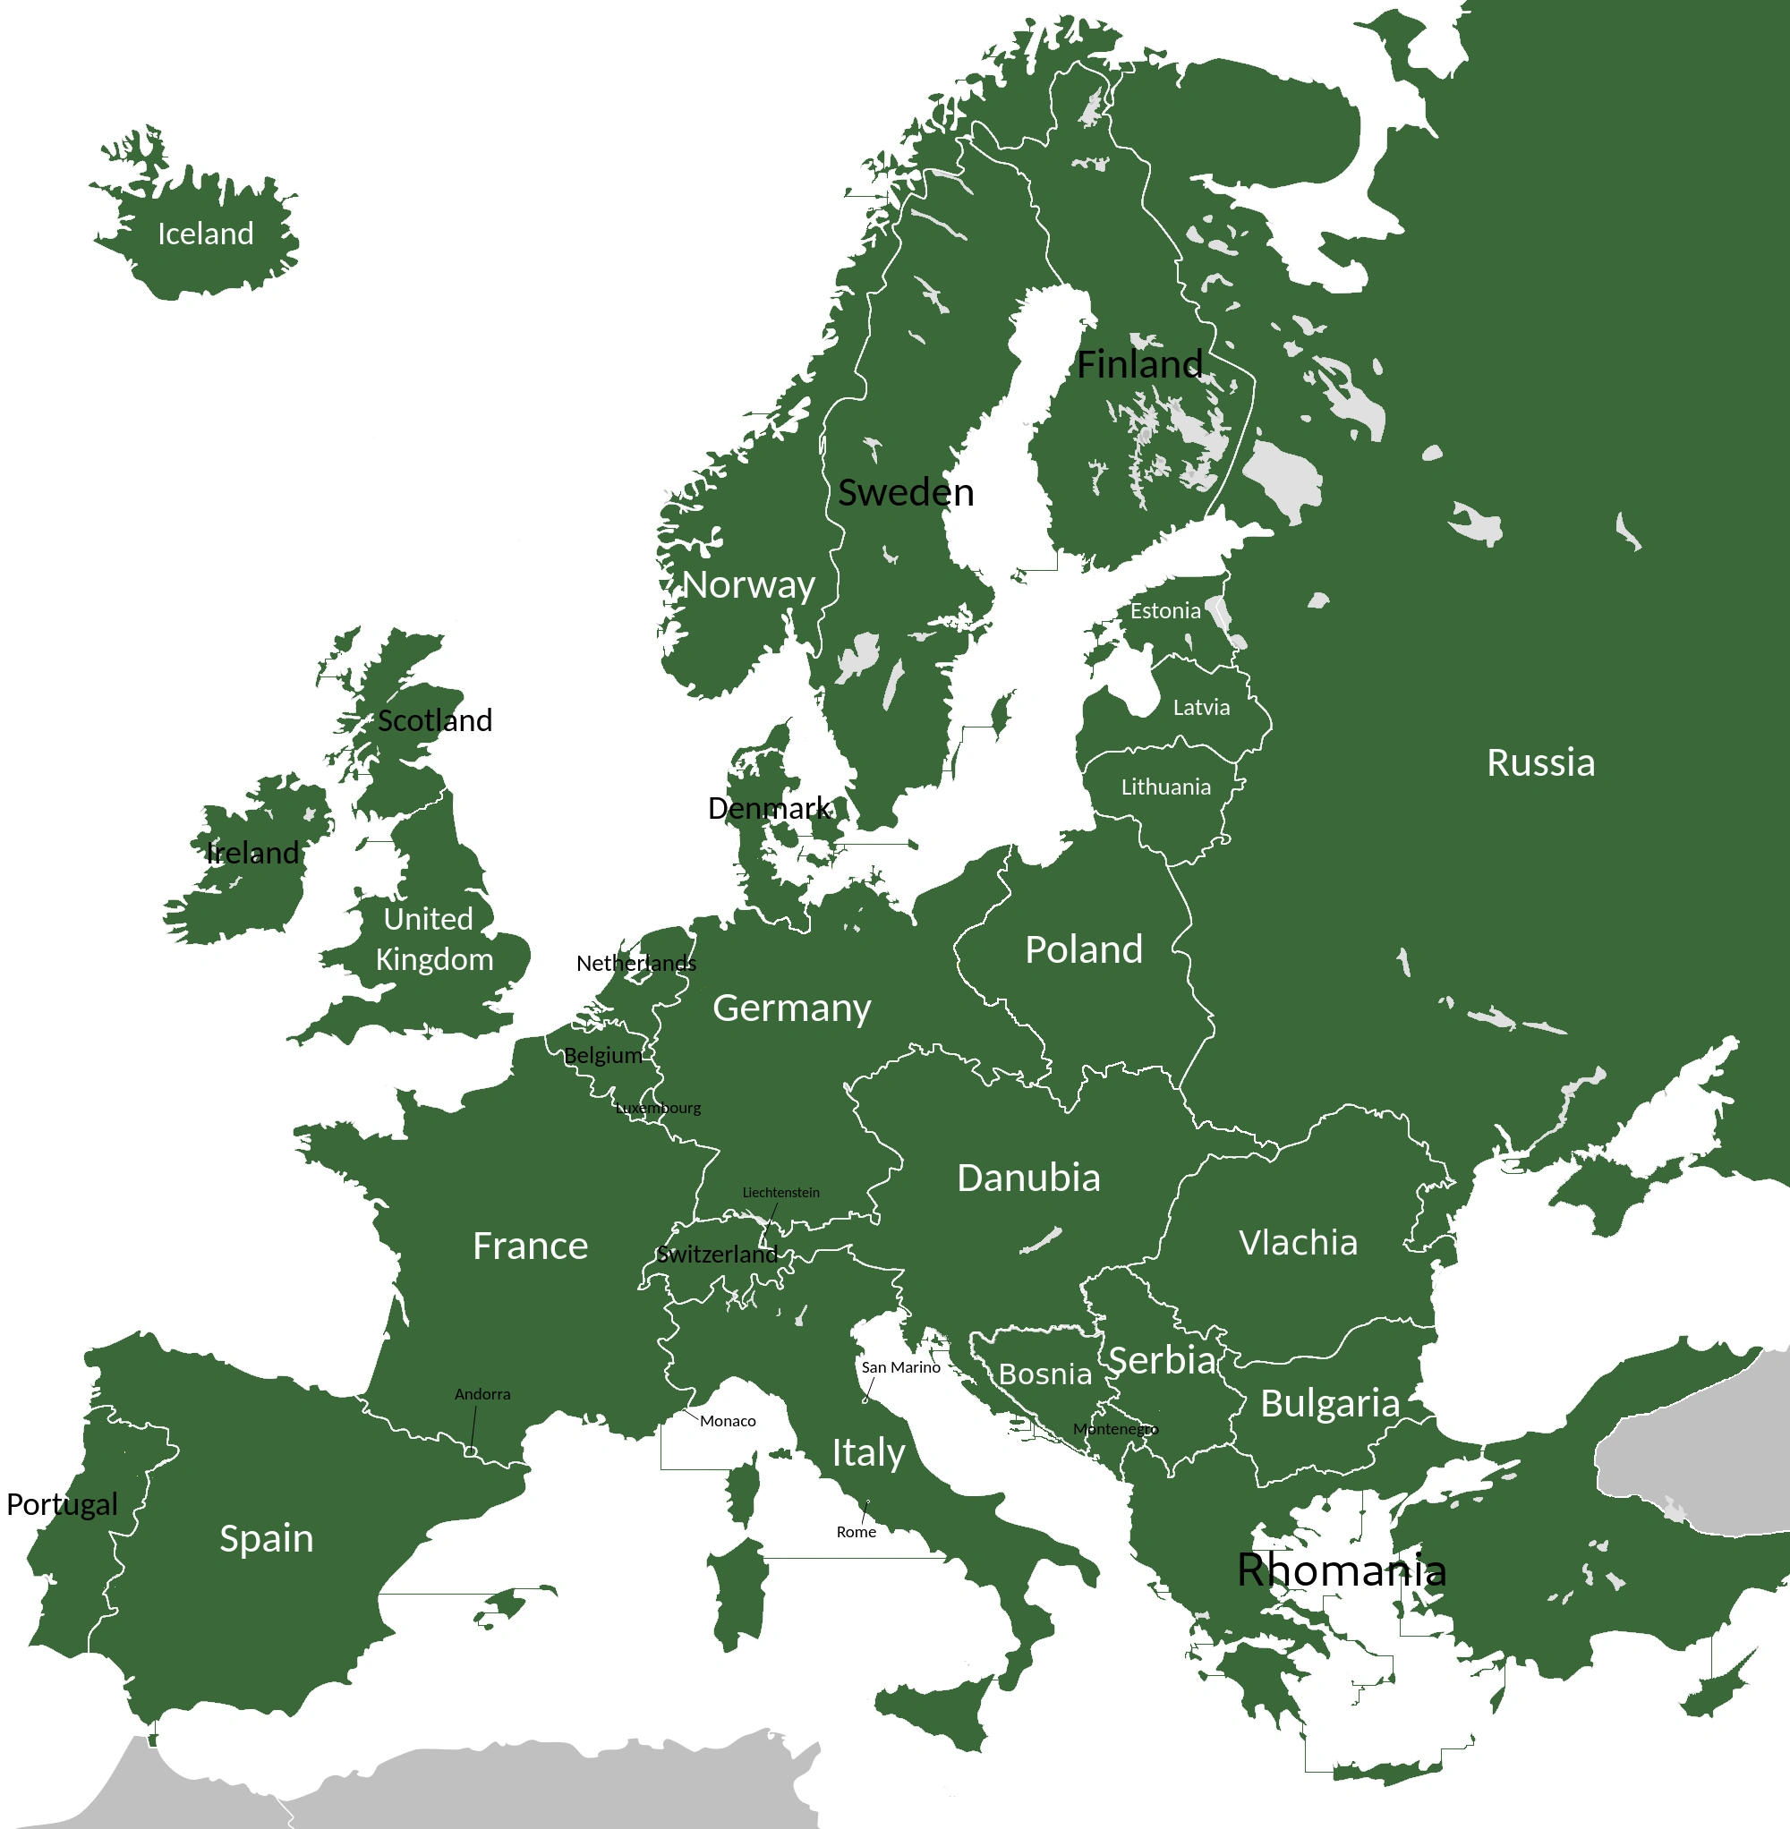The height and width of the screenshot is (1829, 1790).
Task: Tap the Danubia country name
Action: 1028,1178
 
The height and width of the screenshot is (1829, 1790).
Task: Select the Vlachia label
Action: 1299,1243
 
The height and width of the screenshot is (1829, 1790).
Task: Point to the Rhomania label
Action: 1342,1570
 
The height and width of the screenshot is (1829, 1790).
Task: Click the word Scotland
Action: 434,721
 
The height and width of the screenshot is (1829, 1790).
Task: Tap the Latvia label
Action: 1201,708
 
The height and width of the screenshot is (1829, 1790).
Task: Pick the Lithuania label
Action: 1166,787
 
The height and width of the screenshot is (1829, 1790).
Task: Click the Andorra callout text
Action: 482,1394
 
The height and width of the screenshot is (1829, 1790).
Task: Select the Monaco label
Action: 728,1421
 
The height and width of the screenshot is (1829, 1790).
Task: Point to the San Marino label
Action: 900,1367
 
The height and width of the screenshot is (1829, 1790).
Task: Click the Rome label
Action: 857,1532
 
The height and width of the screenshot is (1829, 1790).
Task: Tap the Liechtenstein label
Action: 781,1193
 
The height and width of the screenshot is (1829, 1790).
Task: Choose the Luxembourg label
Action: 658,1108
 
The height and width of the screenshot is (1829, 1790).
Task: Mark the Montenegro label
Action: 1116,1430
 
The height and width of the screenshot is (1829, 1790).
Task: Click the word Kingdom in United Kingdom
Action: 434,959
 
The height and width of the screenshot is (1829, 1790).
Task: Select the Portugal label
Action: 62,1505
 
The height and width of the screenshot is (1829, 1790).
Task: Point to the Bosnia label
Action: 1045,1374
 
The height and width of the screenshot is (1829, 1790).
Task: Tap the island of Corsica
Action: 743,1490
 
